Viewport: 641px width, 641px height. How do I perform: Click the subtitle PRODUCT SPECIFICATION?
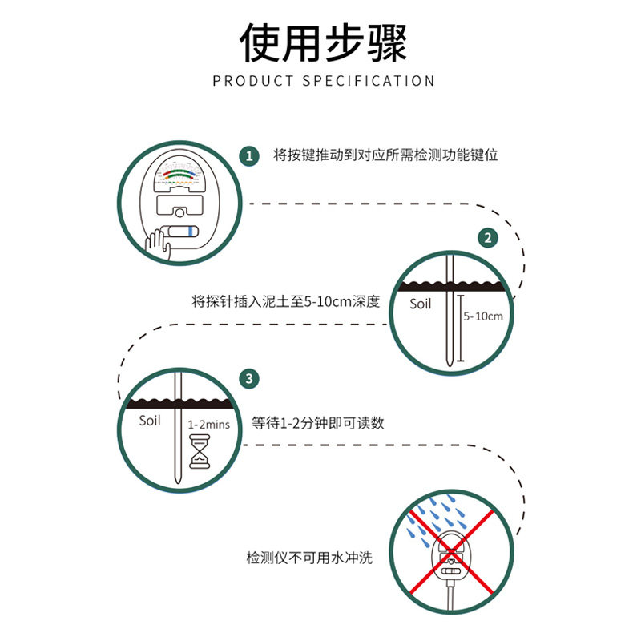tap(324, 81)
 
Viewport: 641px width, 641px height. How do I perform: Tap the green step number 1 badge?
tap(250, 155)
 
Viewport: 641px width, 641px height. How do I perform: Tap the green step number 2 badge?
tap(487, 237)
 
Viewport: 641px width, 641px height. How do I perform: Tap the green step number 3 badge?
tap(250, 378)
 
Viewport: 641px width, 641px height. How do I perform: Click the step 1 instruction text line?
tap(385, 155)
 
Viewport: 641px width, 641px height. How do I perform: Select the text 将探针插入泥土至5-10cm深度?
tap(285, 302)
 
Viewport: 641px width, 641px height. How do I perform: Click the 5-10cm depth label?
tap(483, 316)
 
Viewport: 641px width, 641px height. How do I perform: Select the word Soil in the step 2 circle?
tap(421, 304)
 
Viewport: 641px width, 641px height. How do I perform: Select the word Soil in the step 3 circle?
tap(150, 421)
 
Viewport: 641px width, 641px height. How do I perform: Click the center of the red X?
tap(451, 552)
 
